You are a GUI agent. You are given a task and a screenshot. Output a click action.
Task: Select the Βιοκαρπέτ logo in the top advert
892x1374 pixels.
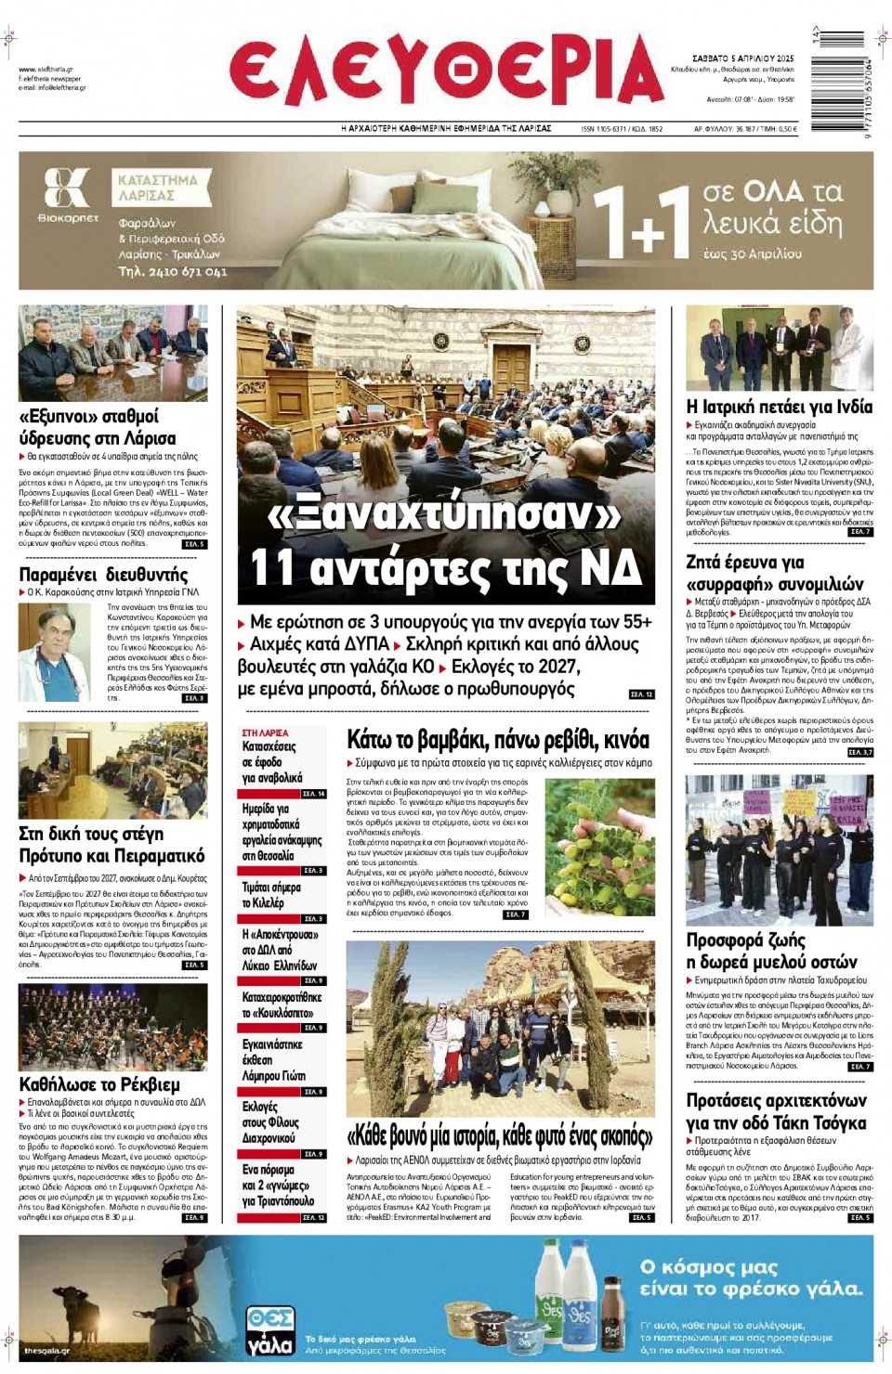(x=67, y=195)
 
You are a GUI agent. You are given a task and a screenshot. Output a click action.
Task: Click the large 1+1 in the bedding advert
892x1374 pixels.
(x=641, y=223)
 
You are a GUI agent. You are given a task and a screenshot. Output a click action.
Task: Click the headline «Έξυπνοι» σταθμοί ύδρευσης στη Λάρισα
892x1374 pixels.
(x=98, y=427)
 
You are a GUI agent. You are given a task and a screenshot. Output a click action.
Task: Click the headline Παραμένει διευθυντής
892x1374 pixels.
(x=103, y=574)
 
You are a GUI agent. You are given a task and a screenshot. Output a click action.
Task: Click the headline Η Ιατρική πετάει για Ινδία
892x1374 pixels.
(x=779, y=407)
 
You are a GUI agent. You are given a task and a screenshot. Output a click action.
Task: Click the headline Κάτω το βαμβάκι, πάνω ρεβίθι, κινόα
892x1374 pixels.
(x=498, y=740)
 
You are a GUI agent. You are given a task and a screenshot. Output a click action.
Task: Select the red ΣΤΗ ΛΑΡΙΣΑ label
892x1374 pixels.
(x=265, y=732)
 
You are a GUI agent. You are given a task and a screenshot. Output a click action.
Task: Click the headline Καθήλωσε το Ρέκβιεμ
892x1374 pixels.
(x=99, y=1084)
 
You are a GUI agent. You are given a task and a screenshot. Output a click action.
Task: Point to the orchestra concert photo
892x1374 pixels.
(x=112, y=1027)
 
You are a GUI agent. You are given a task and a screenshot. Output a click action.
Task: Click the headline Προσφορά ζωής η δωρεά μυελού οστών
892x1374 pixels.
(x=771, y=951)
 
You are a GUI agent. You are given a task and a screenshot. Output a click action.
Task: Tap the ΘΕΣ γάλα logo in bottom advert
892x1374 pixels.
(x=269, y=1330)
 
